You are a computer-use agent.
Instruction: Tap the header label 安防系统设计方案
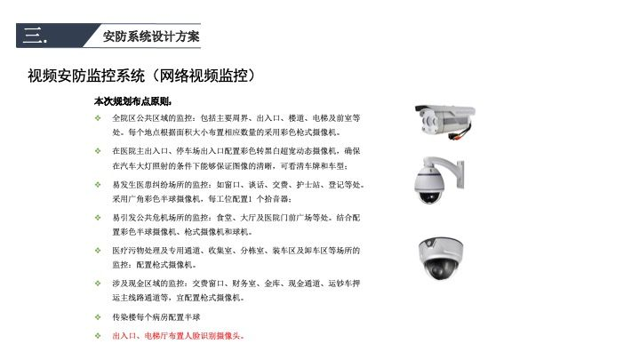pyautogui.click(x=151, y=36)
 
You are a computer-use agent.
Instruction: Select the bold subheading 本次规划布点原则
pyautogui.click(x=132, y=101)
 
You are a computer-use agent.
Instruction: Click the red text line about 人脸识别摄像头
pyautogui.click(x=178, y=336)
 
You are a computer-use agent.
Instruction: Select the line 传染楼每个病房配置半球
pyautogui.click(x=156, y=316)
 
